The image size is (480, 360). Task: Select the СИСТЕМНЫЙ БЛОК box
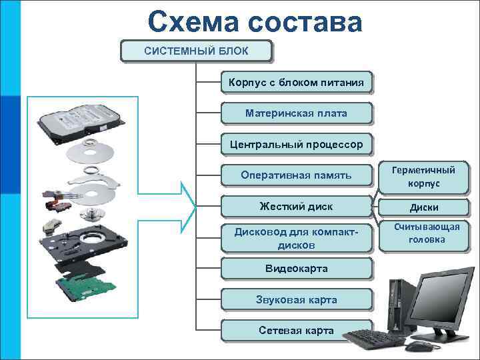[x=197, y=51]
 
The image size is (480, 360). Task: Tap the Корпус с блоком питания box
[x=296, y=83]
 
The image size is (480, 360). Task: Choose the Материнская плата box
[x=296, y=113]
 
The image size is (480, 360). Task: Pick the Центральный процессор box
[x=296, y=144]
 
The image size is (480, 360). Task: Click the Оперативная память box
[x=296, y=175]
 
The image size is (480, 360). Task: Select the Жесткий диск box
[x=296, y=206]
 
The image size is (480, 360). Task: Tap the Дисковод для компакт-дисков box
[x=296, y=238]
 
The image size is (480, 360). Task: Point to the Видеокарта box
[x=296, y=269]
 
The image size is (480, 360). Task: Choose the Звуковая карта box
[x=296, y=299]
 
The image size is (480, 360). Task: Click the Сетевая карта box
[x=296, y=330]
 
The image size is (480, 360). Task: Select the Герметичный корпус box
[x=424, y=177]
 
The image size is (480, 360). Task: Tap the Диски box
[x=424, y=207]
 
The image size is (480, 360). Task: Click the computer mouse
[x=419, y=346]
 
